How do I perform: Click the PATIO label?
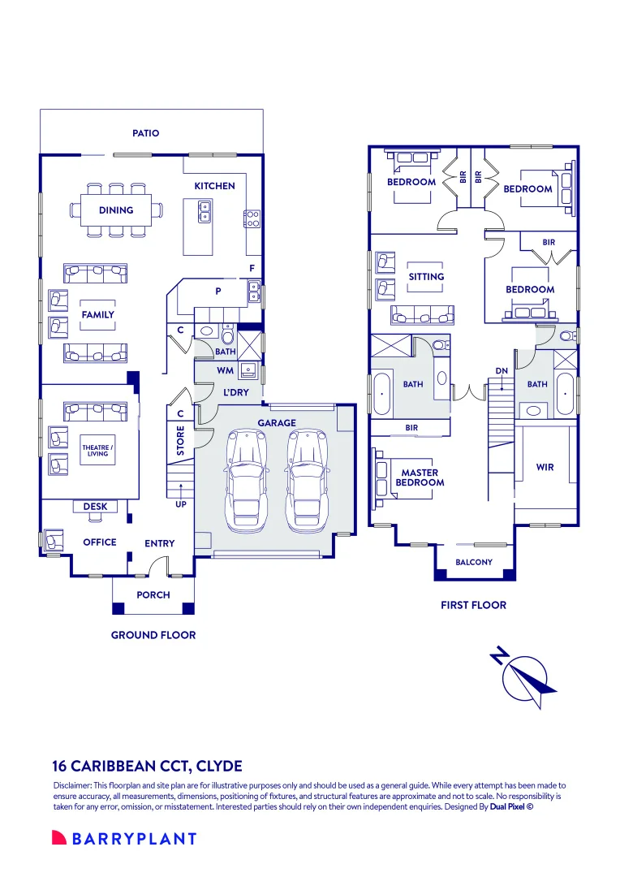click(146, 133)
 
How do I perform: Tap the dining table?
click(116, 210)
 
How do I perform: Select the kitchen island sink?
click(205, 211)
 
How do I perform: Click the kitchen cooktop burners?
click(252, 218)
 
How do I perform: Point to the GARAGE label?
click(277, 423)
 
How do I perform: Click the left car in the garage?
click(244, 479)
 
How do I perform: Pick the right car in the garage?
click(306, 479)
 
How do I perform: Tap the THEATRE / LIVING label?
click(97, 450)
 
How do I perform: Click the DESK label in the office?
click(95, 507)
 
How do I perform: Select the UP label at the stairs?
click(181, 504)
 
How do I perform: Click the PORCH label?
click(153, 594)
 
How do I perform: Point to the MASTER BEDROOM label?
click(420, 477)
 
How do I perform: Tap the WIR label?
click(545, 467)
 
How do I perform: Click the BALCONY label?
click(474, 562)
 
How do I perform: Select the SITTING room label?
click(427, 276)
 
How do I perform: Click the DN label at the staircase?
click(502, 371)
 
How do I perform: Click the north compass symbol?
click(524, 677)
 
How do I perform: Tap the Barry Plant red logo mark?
click(58, 837)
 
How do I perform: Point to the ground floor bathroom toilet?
click(227, 335)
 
